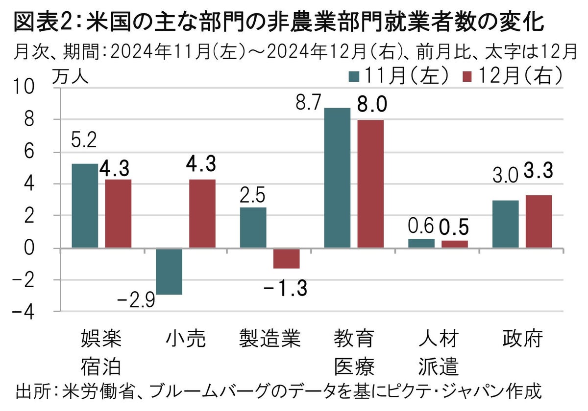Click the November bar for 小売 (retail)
169,272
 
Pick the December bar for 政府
539,222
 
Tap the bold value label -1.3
286,289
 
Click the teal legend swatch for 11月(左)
354,76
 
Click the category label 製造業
269,339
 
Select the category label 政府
522,339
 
